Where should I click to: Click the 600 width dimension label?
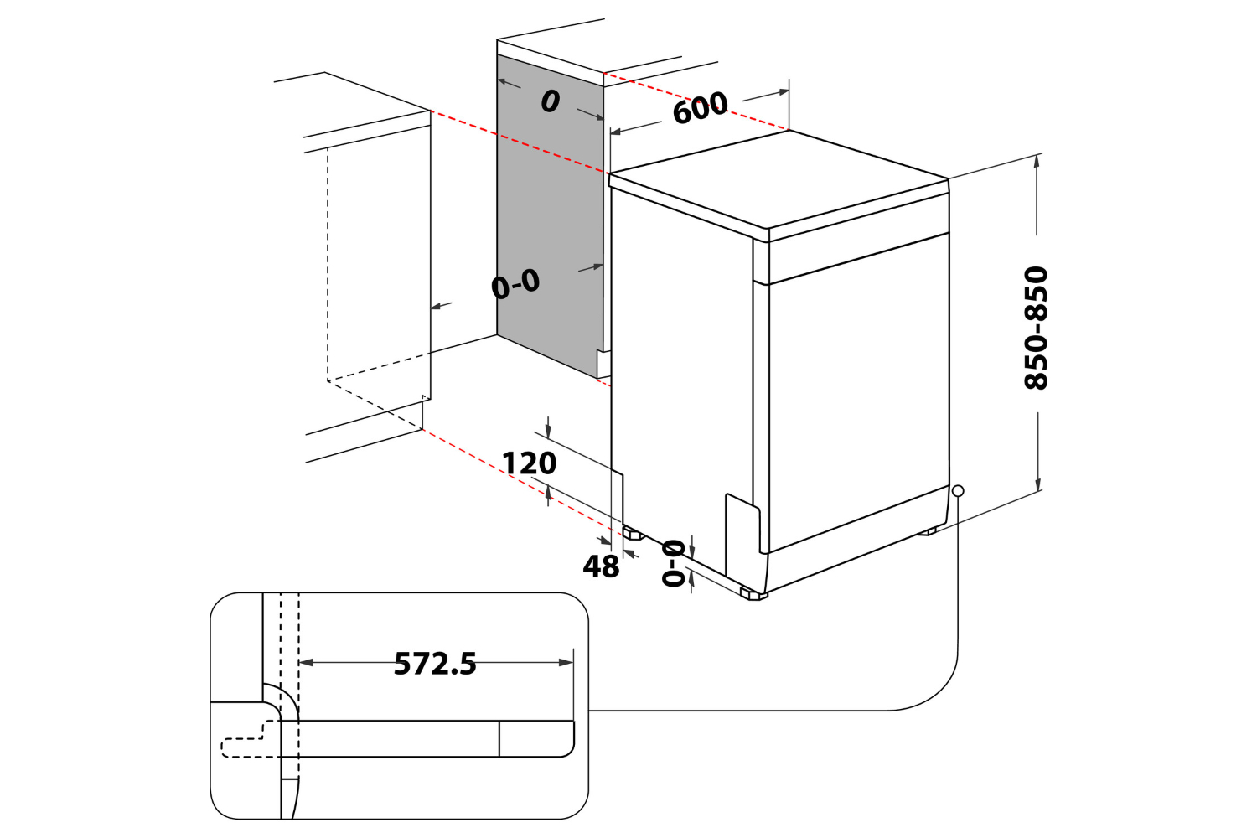[x=700, y=108]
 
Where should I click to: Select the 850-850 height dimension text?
[x=1037, y=327]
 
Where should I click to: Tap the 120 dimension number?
[x=529, y=463]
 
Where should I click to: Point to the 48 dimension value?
[x=601, y=567]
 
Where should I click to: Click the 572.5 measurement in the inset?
[x=435, y=664]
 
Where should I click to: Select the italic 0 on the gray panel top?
[x=550, y=101]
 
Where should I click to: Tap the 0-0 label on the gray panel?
[x=515, y=285]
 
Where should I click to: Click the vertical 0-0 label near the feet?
[x=674, y=563]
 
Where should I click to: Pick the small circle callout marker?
[x=958, y=491]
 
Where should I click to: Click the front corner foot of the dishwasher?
[x=753, y=593]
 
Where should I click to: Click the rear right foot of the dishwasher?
[x=927, y=531]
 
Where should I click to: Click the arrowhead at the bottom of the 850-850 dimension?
[x=1038, y=486]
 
